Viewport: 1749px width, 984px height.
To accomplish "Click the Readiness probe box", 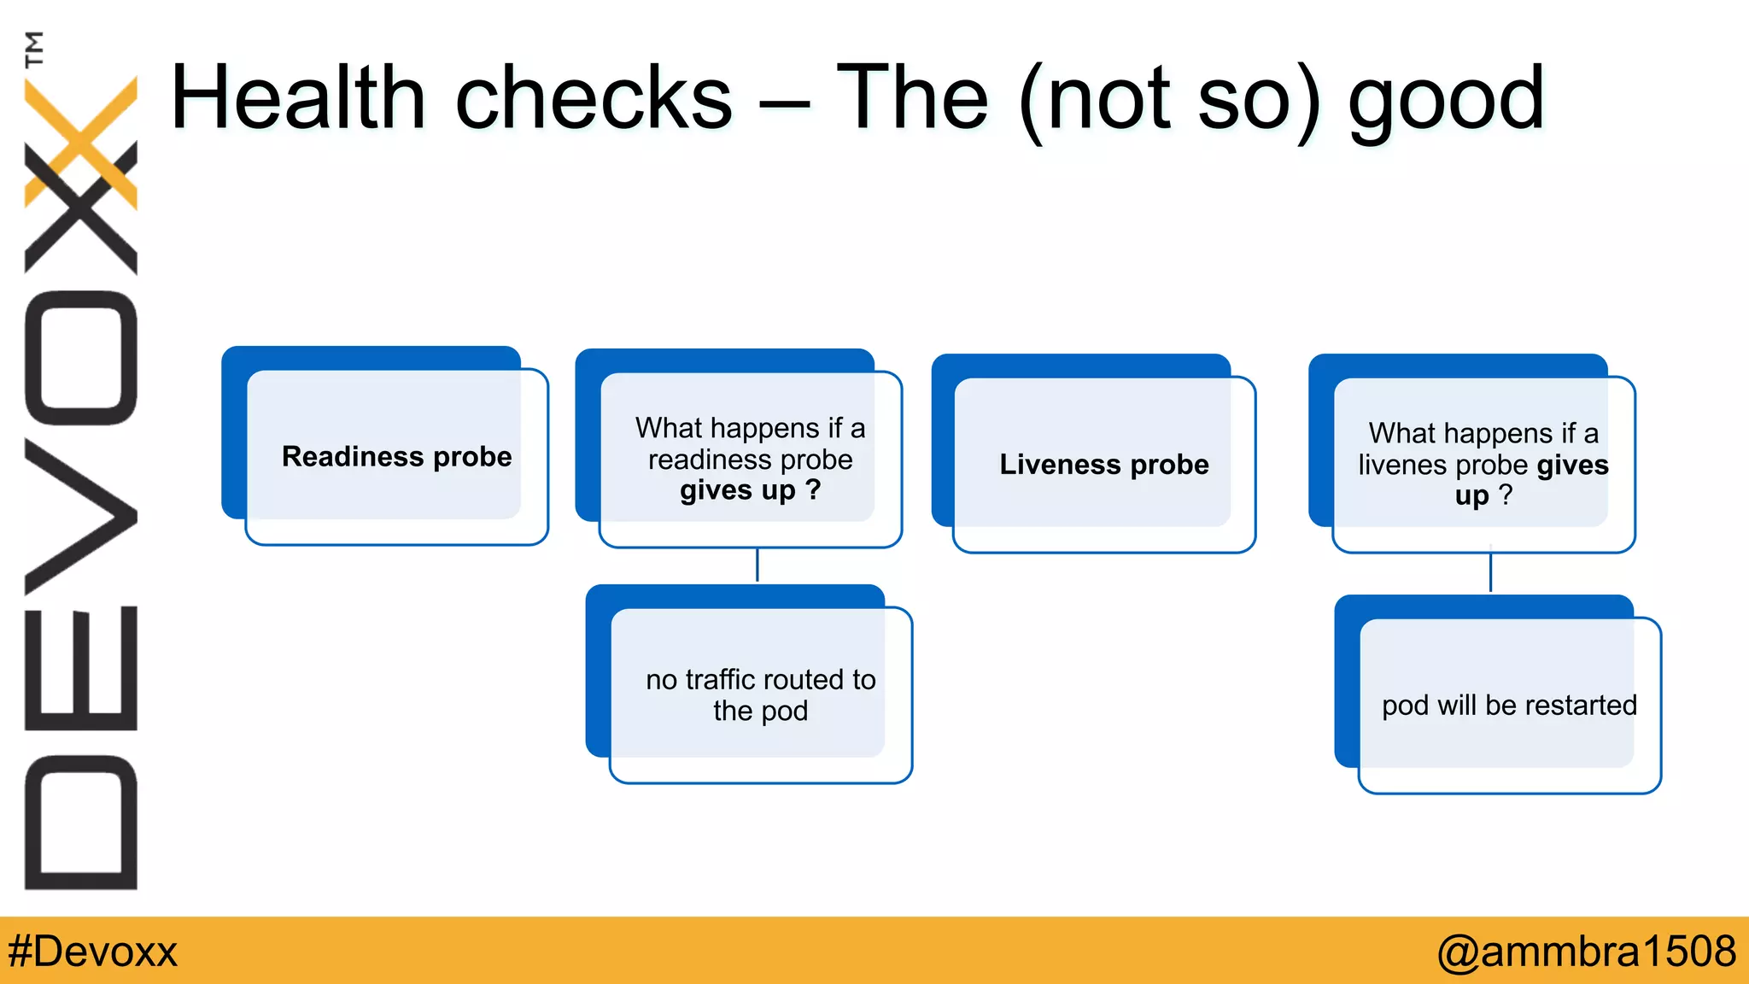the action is click(396, 457).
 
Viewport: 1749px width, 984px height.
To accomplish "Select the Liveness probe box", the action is click(1103, 465).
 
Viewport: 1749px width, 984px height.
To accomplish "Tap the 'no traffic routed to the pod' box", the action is click(760, 694).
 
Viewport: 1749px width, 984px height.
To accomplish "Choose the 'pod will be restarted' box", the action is click(1509, 706).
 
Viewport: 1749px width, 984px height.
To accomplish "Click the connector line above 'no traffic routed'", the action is click(758, 565).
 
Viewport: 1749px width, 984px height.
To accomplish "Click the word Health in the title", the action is click(298, 99).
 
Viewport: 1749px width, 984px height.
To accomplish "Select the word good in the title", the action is click(1446, 101).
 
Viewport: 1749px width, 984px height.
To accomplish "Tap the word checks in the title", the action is click(594, 99).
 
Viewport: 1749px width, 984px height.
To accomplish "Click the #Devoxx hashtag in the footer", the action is click(92, 952).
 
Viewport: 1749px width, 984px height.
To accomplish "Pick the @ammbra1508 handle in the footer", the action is click(1586, 952).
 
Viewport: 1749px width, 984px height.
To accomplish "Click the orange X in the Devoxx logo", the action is click(82, 141).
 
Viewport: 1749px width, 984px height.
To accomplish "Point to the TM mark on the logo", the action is click(34, 49).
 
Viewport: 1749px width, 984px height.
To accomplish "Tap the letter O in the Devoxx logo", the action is click(81, 358).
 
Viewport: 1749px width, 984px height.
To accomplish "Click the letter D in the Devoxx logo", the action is click(81, 823).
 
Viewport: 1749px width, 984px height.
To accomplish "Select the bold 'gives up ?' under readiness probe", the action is click(750, 491).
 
